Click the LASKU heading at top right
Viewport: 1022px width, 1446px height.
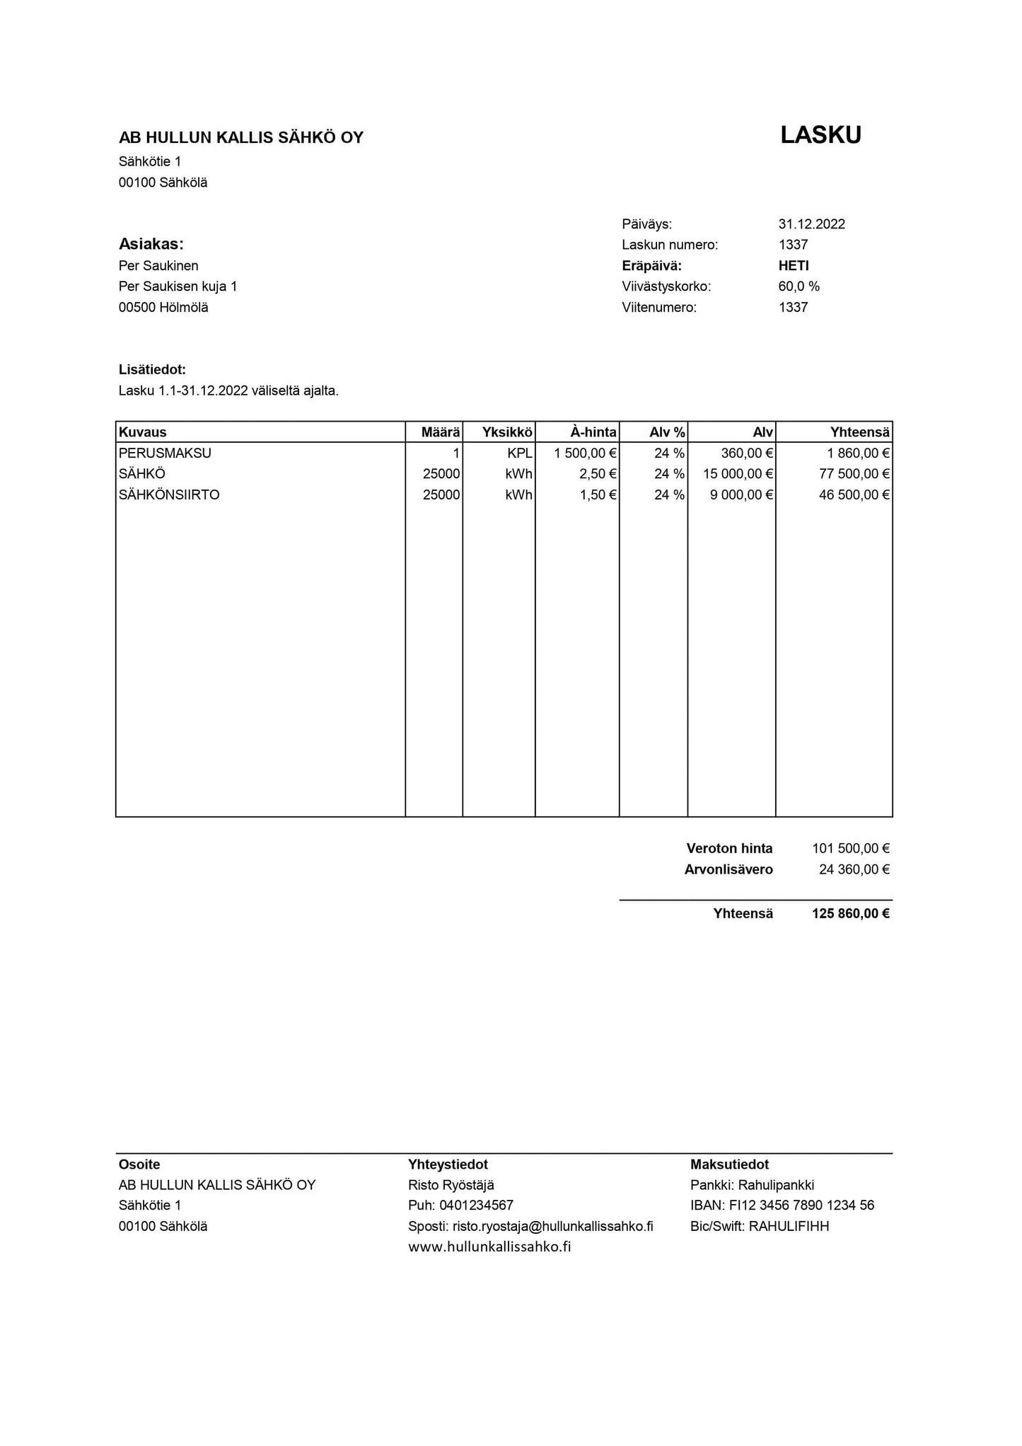pos(820,135)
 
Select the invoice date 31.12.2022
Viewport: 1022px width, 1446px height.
pos(811,224)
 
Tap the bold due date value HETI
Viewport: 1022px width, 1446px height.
pos(794,266)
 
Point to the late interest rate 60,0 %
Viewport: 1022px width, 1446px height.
pos(799,287)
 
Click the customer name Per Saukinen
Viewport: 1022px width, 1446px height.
pos(158,266)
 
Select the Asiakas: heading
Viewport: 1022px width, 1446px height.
pos(151,245)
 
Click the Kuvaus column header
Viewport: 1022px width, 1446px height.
pos(143,432)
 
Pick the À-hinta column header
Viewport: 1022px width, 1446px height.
pos(593,432)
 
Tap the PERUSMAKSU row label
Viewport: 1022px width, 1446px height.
pos(165,453)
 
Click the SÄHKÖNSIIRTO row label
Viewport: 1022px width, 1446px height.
pos(169,495)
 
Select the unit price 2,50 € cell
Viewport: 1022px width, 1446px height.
pos(598,474)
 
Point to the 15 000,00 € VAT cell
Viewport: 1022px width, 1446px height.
pos(738,474)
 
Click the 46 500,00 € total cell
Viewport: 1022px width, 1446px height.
pos(854,495)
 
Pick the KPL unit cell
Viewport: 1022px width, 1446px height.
pos(519,453)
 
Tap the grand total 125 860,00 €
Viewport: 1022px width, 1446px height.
pos(850,913)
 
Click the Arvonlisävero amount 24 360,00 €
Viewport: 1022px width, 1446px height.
pos(854,869)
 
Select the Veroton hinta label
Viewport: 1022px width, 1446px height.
pos(729,848)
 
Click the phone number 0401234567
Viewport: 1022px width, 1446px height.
pos(476,1205)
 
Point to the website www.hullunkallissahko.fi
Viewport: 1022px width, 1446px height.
pos(489,1247)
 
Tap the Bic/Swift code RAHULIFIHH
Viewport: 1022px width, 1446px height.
pos(789,1226)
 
